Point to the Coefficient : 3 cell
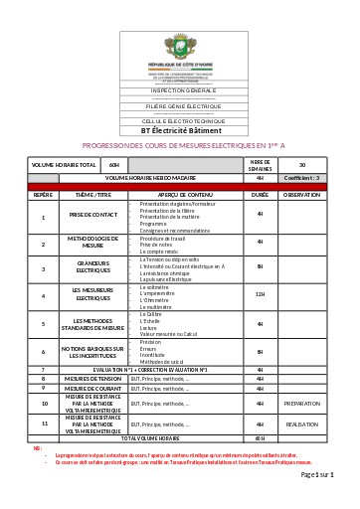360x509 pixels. [x=301, y=177]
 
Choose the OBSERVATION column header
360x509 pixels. [x=301, y=195]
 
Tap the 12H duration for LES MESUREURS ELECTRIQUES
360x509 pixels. [x=261, y=294]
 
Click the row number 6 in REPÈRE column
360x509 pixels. [x=43, y=351]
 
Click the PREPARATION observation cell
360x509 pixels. [x=301, y=404]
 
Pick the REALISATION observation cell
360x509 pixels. [x=301, y=424]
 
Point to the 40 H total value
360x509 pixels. [x=261, y=437]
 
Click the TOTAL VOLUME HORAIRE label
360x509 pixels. [x=140, y=437]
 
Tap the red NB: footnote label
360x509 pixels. [x=37, y=447]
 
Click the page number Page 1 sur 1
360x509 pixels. [x=317, y=476]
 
